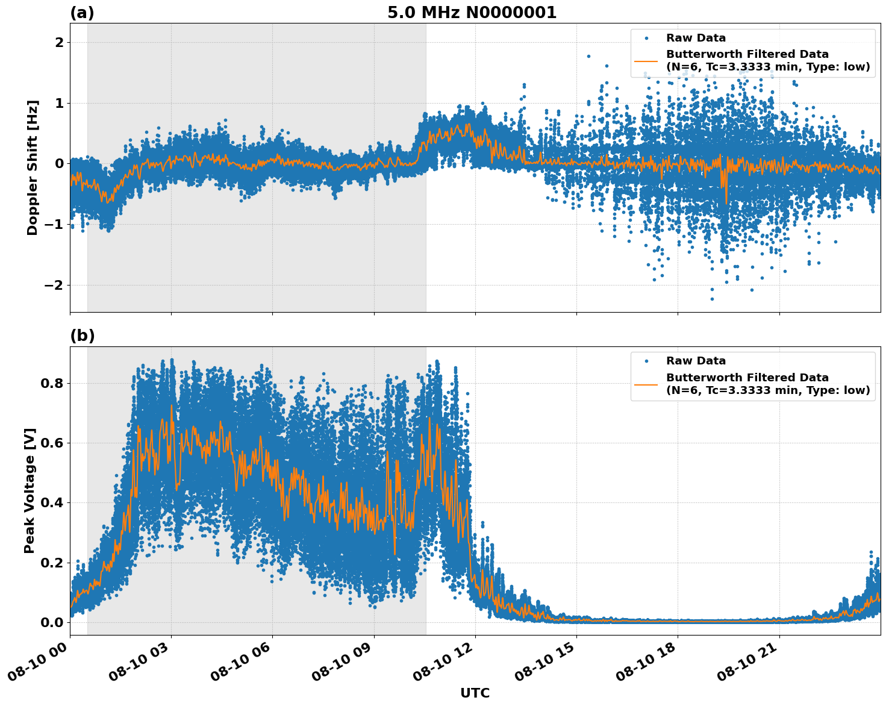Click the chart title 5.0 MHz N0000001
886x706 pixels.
[472, 13]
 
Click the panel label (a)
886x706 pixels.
[82, 13]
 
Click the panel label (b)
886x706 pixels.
[82, 336]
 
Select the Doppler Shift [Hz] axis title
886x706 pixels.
[33, 167]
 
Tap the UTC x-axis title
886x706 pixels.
[475, 693]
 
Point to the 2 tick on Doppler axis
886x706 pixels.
[59, 43]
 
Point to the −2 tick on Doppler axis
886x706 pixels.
[54, 285]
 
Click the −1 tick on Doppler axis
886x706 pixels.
[54, 224]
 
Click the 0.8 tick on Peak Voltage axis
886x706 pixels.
[52, 383]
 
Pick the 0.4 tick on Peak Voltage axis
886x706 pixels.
[52, 503]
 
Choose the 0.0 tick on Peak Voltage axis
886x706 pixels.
[52, 622]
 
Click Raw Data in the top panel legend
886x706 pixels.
[696, 38]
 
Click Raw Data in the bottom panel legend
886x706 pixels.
[696, 361]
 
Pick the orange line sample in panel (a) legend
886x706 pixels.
[646, 60]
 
